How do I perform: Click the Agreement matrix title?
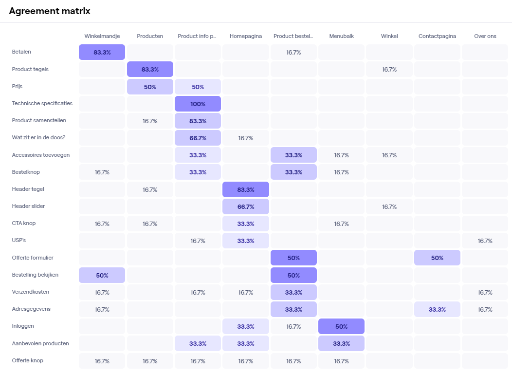(50, 11)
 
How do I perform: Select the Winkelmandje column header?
(102, 36)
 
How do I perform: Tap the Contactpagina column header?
(437, 36)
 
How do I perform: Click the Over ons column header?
(485, 36)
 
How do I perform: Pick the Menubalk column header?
(341, 36)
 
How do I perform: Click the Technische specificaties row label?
(42, 103)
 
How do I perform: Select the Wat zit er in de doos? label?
(39, 137)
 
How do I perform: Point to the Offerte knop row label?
(28, 360)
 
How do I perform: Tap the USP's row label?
(19, 240)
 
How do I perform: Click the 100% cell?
(198, 104)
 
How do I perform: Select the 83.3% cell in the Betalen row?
(102, 52)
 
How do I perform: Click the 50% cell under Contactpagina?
(437, 258)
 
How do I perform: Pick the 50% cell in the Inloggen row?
(341, 326)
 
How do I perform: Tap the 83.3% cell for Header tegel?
(245, 189)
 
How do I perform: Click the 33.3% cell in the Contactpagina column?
(437, 309)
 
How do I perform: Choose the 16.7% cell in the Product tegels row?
(389, 70)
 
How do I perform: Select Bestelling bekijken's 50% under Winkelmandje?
(102, 275)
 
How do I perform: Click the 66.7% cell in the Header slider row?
(245, 206)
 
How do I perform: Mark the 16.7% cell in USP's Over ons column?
(485, 241)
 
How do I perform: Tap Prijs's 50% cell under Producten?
(150, 87)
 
